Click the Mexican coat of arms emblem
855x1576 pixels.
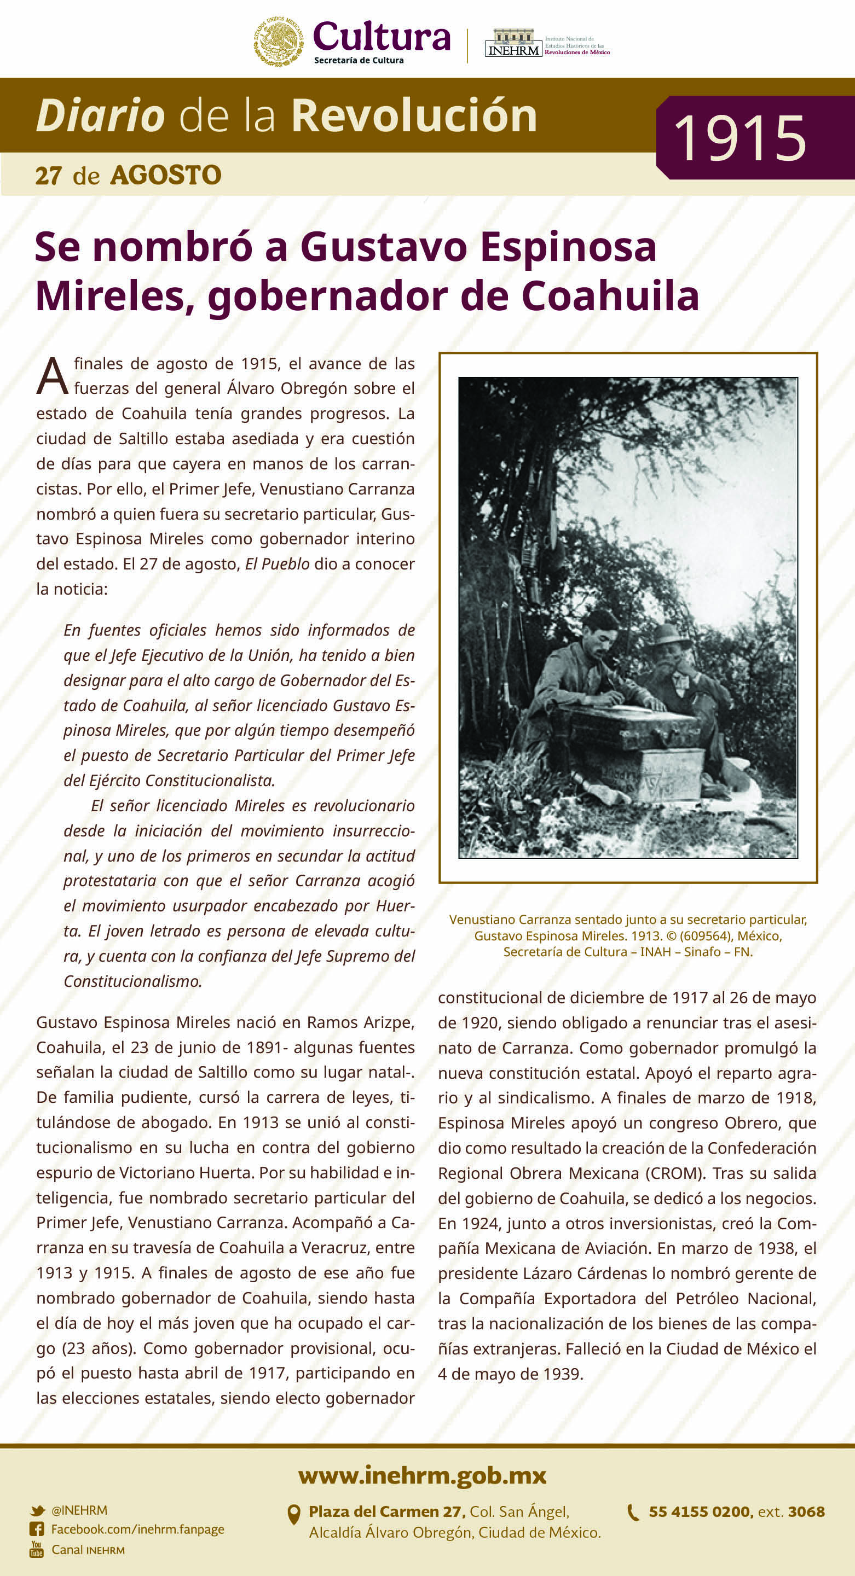click(279, 41)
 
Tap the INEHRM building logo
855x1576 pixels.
click(513, 43)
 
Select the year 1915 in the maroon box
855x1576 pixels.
click(740, 138)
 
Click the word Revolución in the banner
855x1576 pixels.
click(414, 115)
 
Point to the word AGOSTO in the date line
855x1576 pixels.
click(166, 176)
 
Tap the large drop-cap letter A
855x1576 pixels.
click(52, 376)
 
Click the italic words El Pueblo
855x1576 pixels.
click(278, 564)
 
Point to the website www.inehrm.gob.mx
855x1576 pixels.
click(422, 1475)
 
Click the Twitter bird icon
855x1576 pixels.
click(37, 1510)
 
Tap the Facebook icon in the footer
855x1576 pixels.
click(37, 1530)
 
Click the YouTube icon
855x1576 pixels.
click(37, 1550)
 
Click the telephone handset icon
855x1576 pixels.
click(633, 1513)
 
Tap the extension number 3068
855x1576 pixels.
click(806, 1512)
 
